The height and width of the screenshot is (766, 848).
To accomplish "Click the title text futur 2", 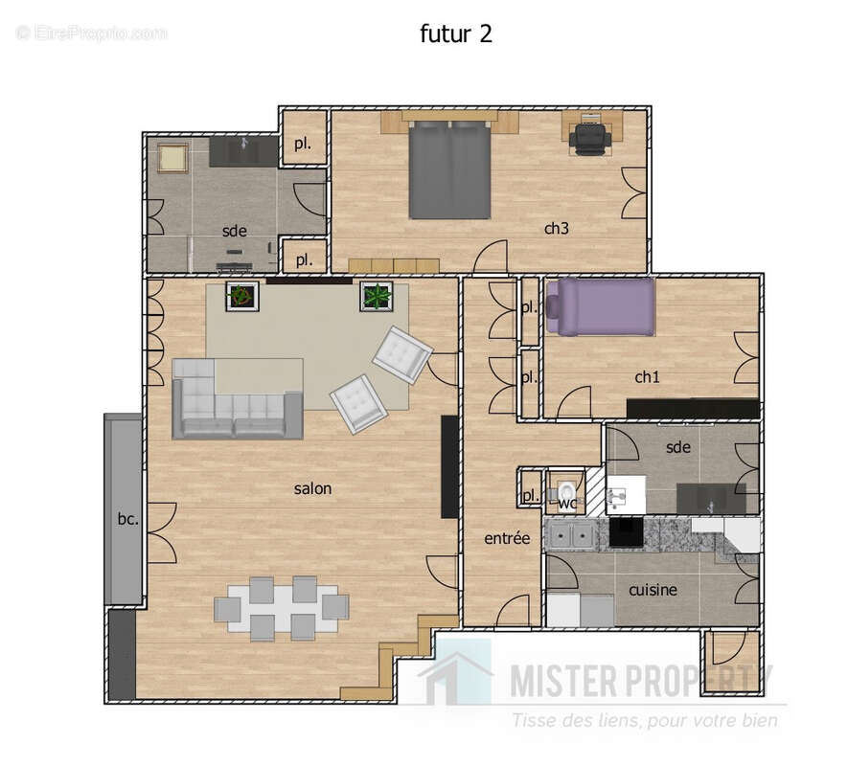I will click(456, 34).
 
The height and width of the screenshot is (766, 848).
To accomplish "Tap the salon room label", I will click(312, 488).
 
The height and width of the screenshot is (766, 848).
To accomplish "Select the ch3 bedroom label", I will click(557, 228).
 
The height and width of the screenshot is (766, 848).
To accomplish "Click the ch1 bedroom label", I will click(648, 377).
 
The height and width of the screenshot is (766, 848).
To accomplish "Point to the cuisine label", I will click(653, 590).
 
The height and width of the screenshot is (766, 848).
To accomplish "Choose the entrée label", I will click(507, 538).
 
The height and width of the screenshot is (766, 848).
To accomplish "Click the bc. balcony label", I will click(127, 520).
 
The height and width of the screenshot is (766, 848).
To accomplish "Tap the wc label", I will click(567, 503).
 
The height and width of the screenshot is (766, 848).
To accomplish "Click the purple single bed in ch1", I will click(601, 306).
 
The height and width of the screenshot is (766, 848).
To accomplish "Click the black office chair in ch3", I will click(589, 138).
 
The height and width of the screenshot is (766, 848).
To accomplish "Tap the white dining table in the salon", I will click(281, 608).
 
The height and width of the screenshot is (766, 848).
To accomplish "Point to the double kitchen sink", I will click(569, 536).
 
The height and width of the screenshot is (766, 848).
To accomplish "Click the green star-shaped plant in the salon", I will click(376, 297).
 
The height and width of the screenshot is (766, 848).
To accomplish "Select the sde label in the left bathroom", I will click(234, 231).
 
